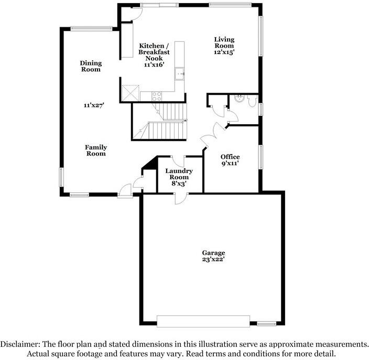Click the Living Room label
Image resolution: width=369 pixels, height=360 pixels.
[x=224, y=42]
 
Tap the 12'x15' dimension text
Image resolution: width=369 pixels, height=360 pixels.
[x=224, y=52]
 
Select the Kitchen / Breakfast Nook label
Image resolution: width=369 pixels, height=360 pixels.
[x=154, y=52]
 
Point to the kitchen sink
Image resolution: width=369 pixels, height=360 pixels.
[x=180, y=73]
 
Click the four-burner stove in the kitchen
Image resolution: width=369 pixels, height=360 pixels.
[x=157, y=96]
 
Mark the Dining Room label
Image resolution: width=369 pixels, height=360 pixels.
[x=91, y=66]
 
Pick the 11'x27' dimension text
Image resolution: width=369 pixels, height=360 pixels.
[x=94, y=105]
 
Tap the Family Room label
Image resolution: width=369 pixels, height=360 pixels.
[x=96, y=150]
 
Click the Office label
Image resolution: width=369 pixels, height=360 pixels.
[x=230, y=157]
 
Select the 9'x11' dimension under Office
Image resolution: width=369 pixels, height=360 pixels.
[x=230, y=163]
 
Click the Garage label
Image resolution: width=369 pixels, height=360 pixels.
[x=213, y=253]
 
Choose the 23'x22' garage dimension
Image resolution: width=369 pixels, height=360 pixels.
[x=213, y=259]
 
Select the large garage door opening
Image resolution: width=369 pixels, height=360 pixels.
[x=203, y=321]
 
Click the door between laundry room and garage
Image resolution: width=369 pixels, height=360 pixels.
[x=181, y=198]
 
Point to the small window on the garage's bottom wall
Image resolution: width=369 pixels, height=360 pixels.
[x=266, y=324]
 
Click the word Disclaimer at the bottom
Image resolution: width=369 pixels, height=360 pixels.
[x=19, y=344]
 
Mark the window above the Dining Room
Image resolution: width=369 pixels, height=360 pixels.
[x=91, y=28]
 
